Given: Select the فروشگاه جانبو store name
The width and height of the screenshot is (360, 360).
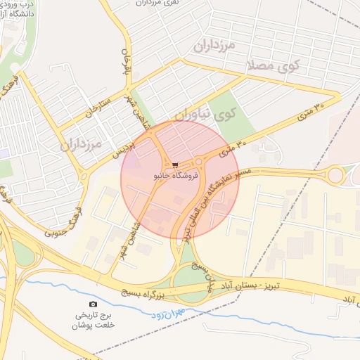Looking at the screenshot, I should click(x=176, y=174).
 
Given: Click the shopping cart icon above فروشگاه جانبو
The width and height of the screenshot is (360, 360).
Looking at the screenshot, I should click(x=175, y=165).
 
